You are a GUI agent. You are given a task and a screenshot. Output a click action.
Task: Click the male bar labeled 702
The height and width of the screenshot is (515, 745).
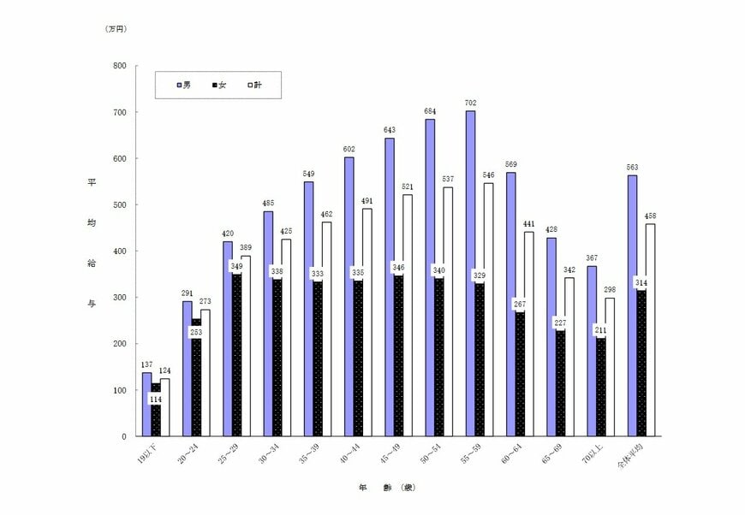[470, 274]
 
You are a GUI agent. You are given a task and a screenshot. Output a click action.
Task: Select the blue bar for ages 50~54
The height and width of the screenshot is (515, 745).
[429, 278]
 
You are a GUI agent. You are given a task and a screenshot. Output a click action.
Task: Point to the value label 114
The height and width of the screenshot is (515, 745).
[156, 400]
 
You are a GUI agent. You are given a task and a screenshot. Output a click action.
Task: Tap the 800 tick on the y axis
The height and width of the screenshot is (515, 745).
[119, 66]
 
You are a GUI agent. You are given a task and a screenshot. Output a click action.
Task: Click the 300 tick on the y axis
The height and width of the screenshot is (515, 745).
[119, 298]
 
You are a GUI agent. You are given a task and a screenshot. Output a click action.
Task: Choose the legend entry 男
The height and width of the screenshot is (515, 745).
[184, 85]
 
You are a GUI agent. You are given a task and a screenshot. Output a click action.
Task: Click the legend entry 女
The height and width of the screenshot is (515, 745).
[219, 85]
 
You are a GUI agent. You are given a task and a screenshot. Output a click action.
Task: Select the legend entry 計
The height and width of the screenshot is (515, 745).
[254, 85]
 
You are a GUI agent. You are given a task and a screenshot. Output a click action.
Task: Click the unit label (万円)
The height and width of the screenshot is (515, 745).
[116, 29]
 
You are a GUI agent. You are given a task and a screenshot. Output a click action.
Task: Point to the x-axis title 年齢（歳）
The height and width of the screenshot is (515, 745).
[387, 488]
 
